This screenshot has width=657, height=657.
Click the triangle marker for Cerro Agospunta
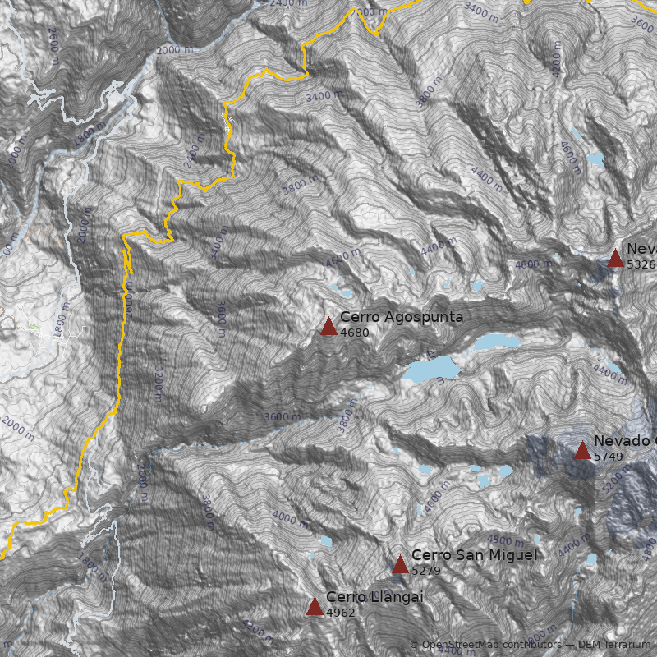[328, 327]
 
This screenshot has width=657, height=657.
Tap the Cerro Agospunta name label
[402, 317]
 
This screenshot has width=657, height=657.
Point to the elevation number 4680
[355, 333]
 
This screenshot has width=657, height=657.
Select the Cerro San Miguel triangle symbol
[400, 564]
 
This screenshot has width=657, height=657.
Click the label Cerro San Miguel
[474, 555]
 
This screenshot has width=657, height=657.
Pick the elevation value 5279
[427, 570]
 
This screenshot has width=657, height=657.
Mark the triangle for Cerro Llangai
[315, 607]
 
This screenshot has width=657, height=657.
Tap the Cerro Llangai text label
[374, 597]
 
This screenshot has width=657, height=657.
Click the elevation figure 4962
[341, 613]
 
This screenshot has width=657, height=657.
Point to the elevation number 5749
[609, 457]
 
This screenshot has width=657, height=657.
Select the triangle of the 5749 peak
[582, 450]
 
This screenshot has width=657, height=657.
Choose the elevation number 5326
[641, 264]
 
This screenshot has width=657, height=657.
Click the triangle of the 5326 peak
[615, 259]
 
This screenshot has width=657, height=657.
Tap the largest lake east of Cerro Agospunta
[430, 369]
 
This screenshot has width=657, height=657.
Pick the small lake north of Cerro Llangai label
[325, 542]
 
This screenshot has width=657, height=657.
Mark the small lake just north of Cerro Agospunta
[341, 290]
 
